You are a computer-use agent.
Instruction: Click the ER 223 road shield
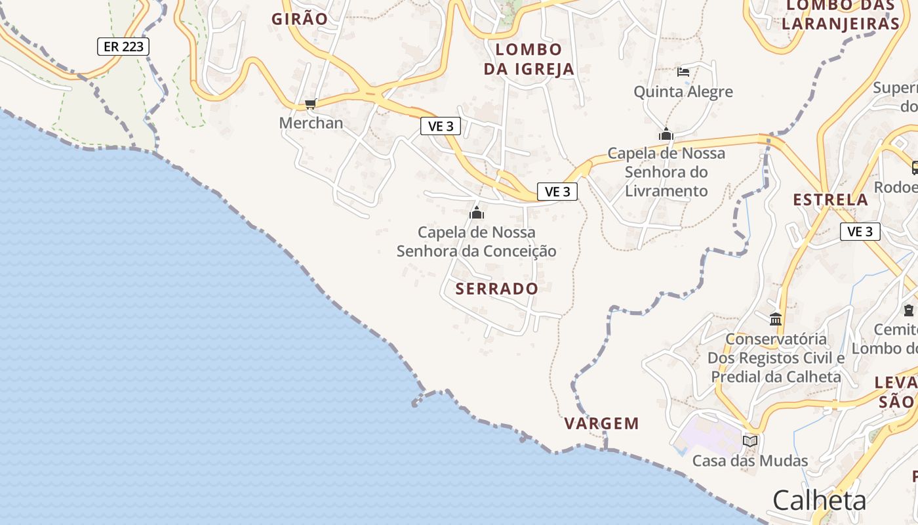tap(123, 47)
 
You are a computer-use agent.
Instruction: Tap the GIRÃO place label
tap(300, 19)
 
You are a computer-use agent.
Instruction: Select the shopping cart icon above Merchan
tap(311, 104)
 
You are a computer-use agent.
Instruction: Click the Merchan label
tap(311, 123)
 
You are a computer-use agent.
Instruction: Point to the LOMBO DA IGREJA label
tap(529, 59)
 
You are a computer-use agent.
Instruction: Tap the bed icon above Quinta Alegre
tap(683, 72)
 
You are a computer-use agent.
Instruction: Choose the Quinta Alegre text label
tap(683, 91)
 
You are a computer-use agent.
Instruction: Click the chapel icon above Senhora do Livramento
tap(666, 135)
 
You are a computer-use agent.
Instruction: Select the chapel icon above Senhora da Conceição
tap(477, 213)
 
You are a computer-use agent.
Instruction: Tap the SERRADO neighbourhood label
tap(496, 289)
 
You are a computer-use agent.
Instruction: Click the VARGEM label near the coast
tap(601, 423)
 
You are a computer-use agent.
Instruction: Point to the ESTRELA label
tap(830, 199)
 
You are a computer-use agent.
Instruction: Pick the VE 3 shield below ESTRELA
tap(860, 232)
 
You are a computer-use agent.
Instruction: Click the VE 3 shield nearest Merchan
tap(440, 127)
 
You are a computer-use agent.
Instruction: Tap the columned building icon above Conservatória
tap(776, 320)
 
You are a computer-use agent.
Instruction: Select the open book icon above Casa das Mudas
tap(750, 441)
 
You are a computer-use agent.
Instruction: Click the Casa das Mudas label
tap(750, 461)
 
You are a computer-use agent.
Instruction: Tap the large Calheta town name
tap(819, 501)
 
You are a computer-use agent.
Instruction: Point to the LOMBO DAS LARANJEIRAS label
tap(841, 15)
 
